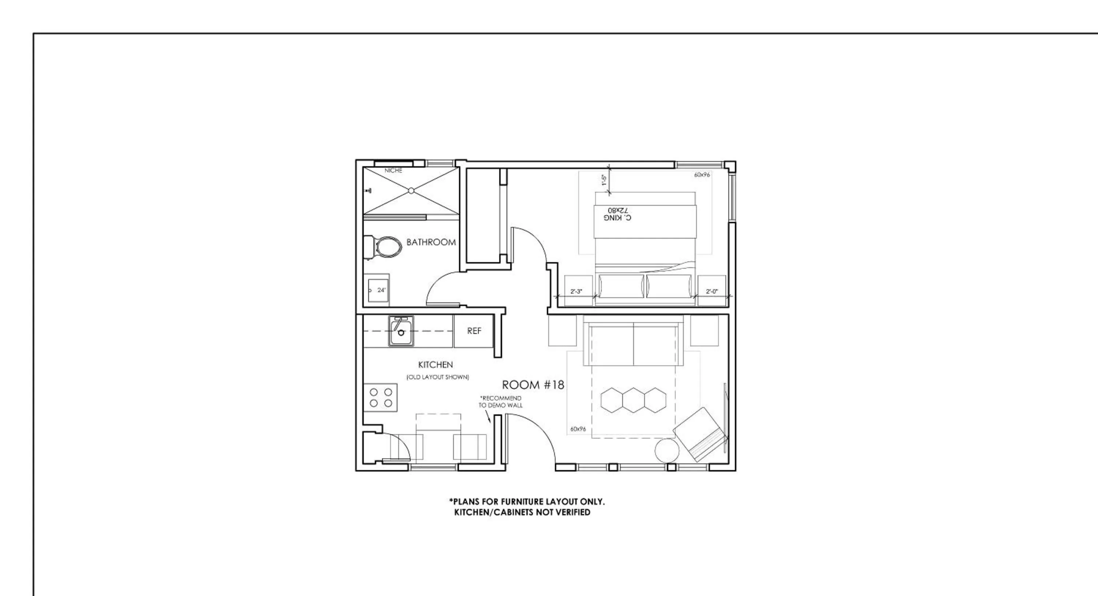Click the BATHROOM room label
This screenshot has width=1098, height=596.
coord(431,242)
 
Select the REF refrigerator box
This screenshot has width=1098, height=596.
coord(474,331)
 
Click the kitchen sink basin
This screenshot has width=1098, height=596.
coord(401,332)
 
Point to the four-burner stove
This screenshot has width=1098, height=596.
coord(381,397)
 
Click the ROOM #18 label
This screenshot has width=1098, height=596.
coord(533,385)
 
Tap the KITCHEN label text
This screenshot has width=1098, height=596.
coord(435,365)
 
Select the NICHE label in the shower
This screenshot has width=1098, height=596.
coord(393,171)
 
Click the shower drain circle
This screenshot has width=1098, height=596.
coord(411,191)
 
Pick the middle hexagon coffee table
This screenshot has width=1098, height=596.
coord(634,400)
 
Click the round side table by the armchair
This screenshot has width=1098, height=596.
coord(666,451)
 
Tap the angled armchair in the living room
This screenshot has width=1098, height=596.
coord(699,434)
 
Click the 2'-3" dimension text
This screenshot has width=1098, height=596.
coord(576,292)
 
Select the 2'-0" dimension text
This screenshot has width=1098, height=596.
coord(712,292)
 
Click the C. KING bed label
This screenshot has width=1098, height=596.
coord(617,215)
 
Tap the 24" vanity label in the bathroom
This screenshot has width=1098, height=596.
coord(381,290)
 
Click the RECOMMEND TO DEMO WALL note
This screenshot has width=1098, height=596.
coord(500,402)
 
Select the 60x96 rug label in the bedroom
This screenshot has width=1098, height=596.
coord(702,175)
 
